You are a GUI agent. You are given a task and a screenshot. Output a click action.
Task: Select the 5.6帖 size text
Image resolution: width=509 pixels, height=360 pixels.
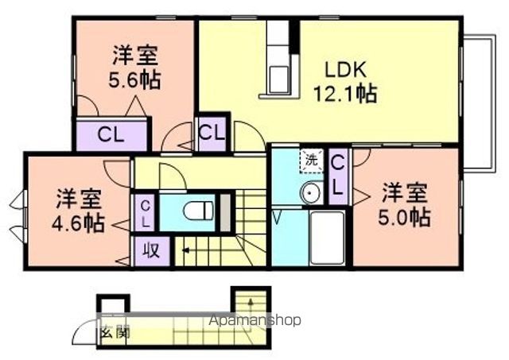pos(134,79)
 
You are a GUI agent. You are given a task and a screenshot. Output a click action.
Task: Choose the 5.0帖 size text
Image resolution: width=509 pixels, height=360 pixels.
pos(406,216)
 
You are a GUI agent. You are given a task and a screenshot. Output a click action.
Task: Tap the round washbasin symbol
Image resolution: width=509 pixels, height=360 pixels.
pos(310,193)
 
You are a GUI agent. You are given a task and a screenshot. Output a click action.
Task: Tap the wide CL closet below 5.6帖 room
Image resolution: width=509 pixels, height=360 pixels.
pos(111,134)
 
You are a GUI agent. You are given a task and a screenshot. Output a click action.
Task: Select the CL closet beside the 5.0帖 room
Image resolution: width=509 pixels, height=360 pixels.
pos(338,176)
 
